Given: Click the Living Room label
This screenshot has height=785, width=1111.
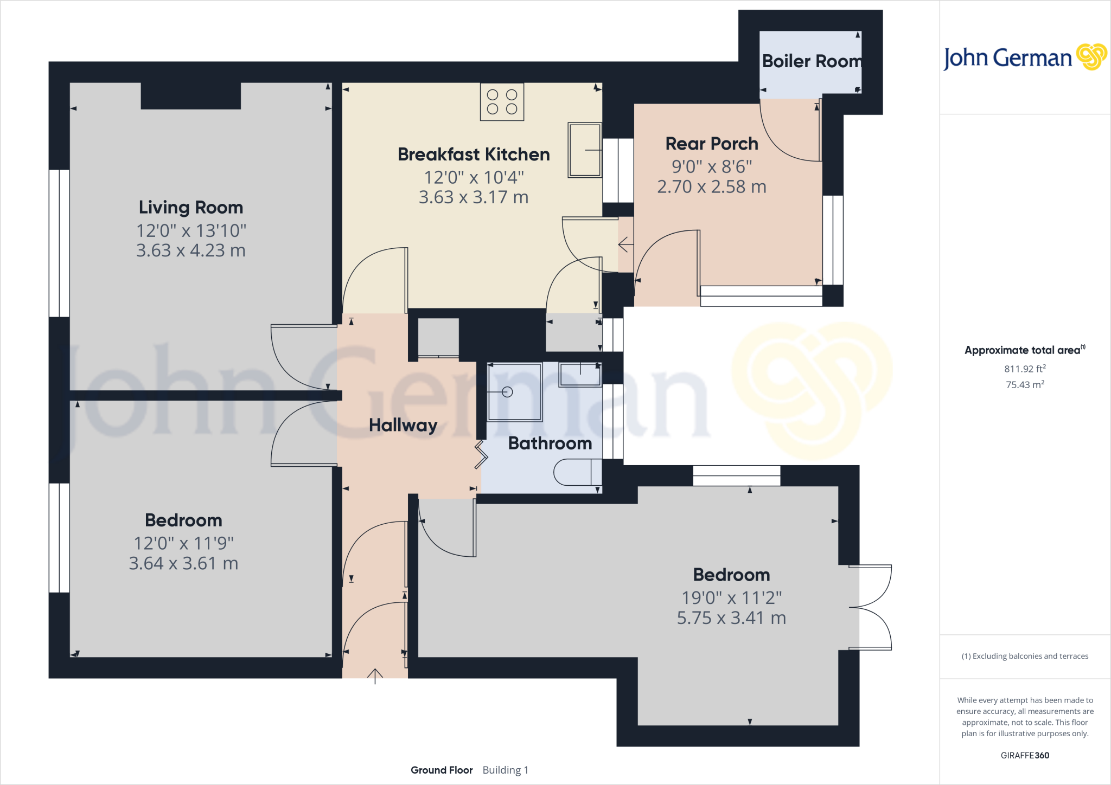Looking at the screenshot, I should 190,207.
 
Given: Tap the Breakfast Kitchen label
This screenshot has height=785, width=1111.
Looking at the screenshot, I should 473,155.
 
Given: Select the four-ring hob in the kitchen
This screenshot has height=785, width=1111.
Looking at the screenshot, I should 502,102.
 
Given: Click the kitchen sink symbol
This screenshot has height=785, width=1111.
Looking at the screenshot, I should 585,150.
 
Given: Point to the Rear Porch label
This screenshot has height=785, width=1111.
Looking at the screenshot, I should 711,144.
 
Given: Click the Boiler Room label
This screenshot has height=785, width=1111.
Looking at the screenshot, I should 812,61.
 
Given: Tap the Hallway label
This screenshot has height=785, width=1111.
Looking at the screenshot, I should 403,425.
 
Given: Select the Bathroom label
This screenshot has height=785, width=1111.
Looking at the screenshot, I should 550,443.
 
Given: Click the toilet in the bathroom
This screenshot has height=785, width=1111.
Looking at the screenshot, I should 576,472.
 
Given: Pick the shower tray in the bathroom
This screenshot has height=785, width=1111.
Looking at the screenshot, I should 514,392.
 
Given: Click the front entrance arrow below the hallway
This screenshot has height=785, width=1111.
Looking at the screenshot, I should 375,676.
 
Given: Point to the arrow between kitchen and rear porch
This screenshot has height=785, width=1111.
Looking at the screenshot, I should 625,244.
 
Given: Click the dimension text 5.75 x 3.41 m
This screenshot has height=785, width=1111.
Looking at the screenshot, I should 731,618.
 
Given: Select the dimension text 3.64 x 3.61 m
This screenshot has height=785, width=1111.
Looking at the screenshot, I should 183,564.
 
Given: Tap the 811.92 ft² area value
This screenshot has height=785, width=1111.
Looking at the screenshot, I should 1024,369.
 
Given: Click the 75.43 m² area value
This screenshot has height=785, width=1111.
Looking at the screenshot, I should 1024,384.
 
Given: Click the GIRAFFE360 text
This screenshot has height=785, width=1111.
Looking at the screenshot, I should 1024,755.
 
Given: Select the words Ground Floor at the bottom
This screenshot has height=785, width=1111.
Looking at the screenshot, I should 442,770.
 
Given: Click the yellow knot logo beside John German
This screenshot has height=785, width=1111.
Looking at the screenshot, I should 1091,57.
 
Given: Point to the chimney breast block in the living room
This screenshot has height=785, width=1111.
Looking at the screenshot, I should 190,96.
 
